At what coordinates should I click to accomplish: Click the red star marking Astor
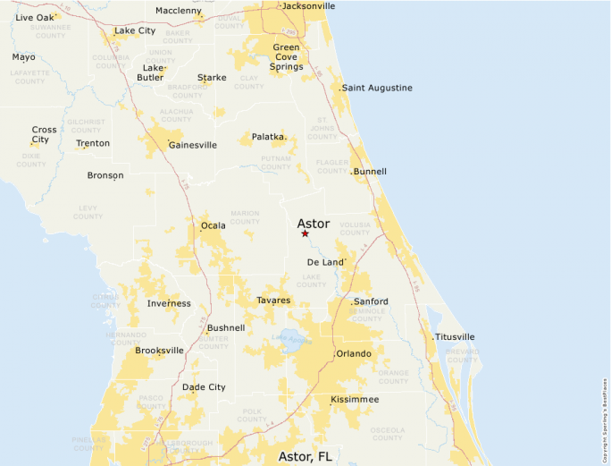[x=305, y=233]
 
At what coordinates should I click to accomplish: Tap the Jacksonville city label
[x=308, y=6]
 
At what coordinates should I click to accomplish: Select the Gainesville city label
[x=192, y=145]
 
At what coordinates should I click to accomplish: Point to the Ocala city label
[x=213, y=225]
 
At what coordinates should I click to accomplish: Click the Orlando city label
[x=353, y=354]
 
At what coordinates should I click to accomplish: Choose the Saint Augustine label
[x=377, y=88]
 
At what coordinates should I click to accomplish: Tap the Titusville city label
[x=455, y=337]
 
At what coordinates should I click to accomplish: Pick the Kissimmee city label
[x=355, y=399]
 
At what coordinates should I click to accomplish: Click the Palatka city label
[x=267, y=137]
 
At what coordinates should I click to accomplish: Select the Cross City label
[x=43, y=134]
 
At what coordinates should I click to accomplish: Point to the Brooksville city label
[x=159, y=351]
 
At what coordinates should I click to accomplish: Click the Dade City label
[x=204, y=387]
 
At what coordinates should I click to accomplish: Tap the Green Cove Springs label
[x=286, y=56]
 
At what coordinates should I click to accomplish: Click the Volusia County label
[x=355, y=228]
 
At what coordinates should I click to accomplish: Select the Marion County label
[x=245, y=217]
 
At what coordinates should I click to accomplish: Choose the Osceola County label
[x=387, y=433]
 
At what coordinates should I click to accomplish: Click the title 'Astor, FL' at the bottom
[x=305, y=456]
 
